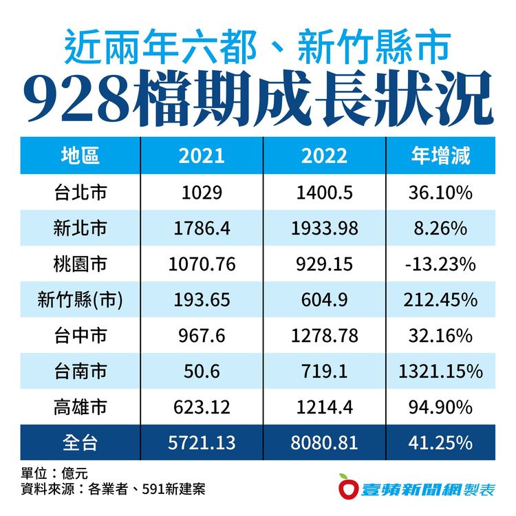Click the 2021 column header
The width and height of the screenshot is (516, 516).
point(202,155)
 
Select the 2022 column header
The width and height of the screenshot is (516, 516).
point(324,155)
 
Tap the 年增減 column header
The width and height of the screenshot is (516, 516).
point(440,155)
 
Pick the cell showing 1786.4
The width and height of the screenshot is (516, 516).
point(202,228)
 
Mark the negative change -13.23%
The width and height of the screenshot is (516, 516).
point(440,263)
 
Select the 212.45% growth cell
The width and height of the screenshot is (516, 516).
point(440,299)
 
